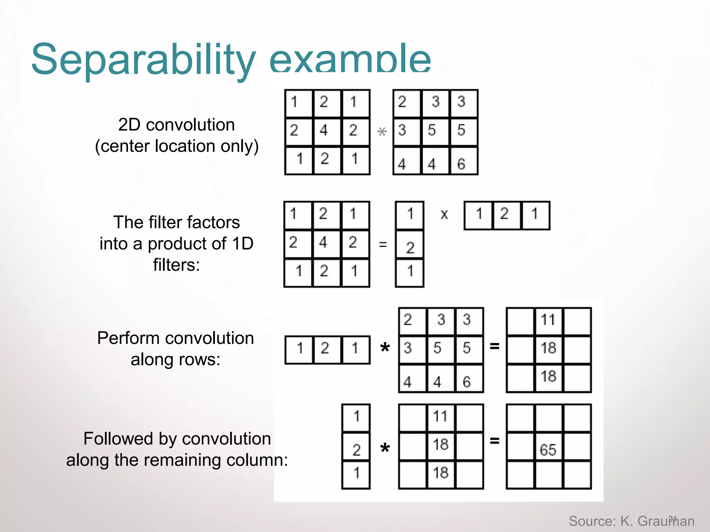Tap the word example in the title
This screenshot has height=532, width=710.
click(x=350, y=60)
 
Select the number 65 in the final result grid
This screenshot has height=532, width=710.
click(x=548, y=450)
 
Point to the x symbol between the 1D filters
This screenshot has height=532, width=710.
click(x=444, y=214)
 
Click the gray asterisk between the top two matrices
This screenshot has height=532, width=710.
click(x=382, y=132)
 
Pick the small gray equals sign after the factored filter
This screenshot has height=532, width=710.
click(x=383, y=245)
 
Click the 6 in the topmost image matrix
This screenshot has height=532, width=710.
click(x=461, y=164)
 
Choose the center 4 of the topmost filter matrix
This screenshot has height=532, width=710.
click(x=323, y=130)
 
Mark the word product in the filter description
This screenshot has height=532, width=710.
click(x=185, y=243)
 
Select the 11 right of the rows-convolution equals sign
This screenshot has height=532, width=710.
click(x=548, y=319)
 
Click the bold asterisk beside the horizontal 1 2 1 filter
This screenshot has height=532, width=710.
click(x=385, y=348)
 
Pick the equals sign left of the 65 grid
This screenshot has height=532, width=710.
click(x=494, y=441)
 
